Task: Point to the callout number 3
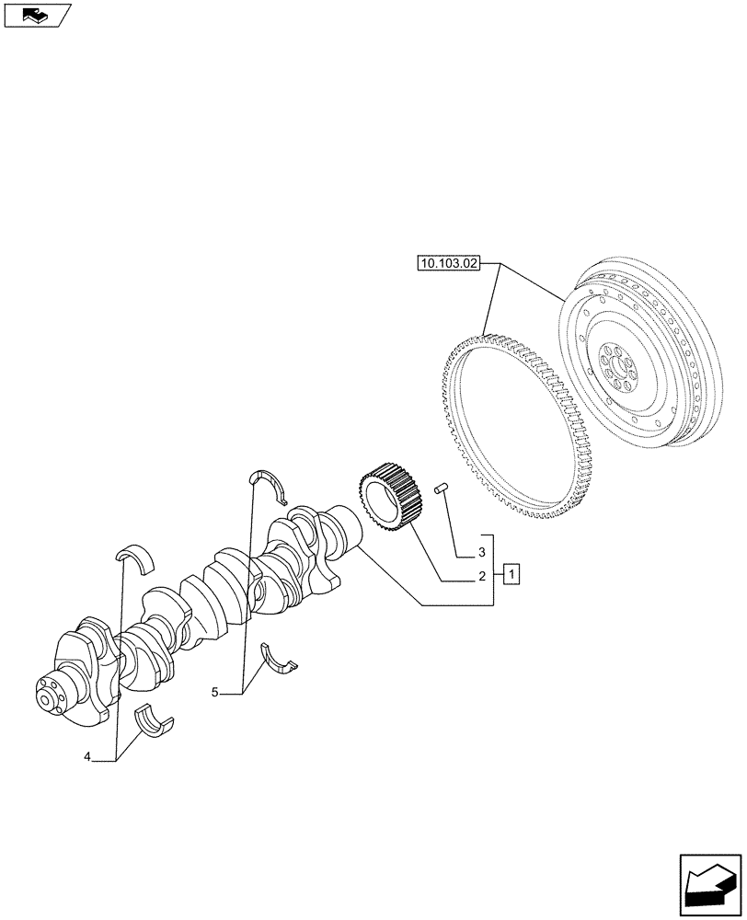(480, 554)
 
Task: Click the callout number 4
(87, 757)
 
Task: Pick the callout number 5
(214, 691)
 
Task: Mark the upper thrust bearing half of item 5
(269, 482)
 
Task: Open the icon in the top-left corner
(35, 15)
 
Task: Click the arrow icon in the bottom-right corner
(710, 885)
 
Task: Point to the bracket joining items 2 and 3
(495, 570)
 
